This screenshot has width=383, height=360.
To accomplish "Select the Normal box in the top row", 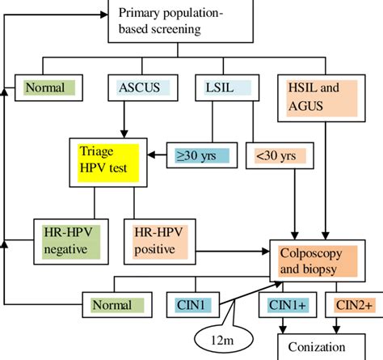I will coord(50,87).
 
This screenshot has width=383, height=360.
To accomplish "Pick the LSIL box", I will coord(220,87).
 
